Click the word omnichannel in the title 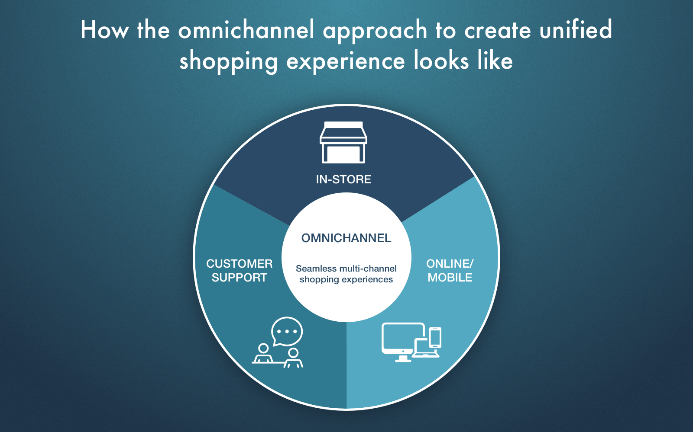tap(246, 30)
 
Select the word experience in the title tap(346, 61)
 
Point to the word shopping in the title tap(229, 61)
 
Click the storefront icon tap(343, 142)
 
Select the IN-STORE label tap(343, 179)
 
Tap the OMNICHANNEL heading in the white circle tap(346, 238)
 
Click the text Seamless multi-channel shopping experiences tap(346, 274)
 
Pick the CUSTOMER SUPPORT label tap(240, 271)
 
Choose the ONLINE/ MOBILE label tap(450, 271)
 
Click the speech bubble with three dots tap(287, 331)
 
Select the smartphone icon tap(435, 337)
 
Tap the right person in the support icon tap(293, 358)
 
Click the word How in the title tap(104, 30)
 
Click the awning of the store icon tap(343, 132)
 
